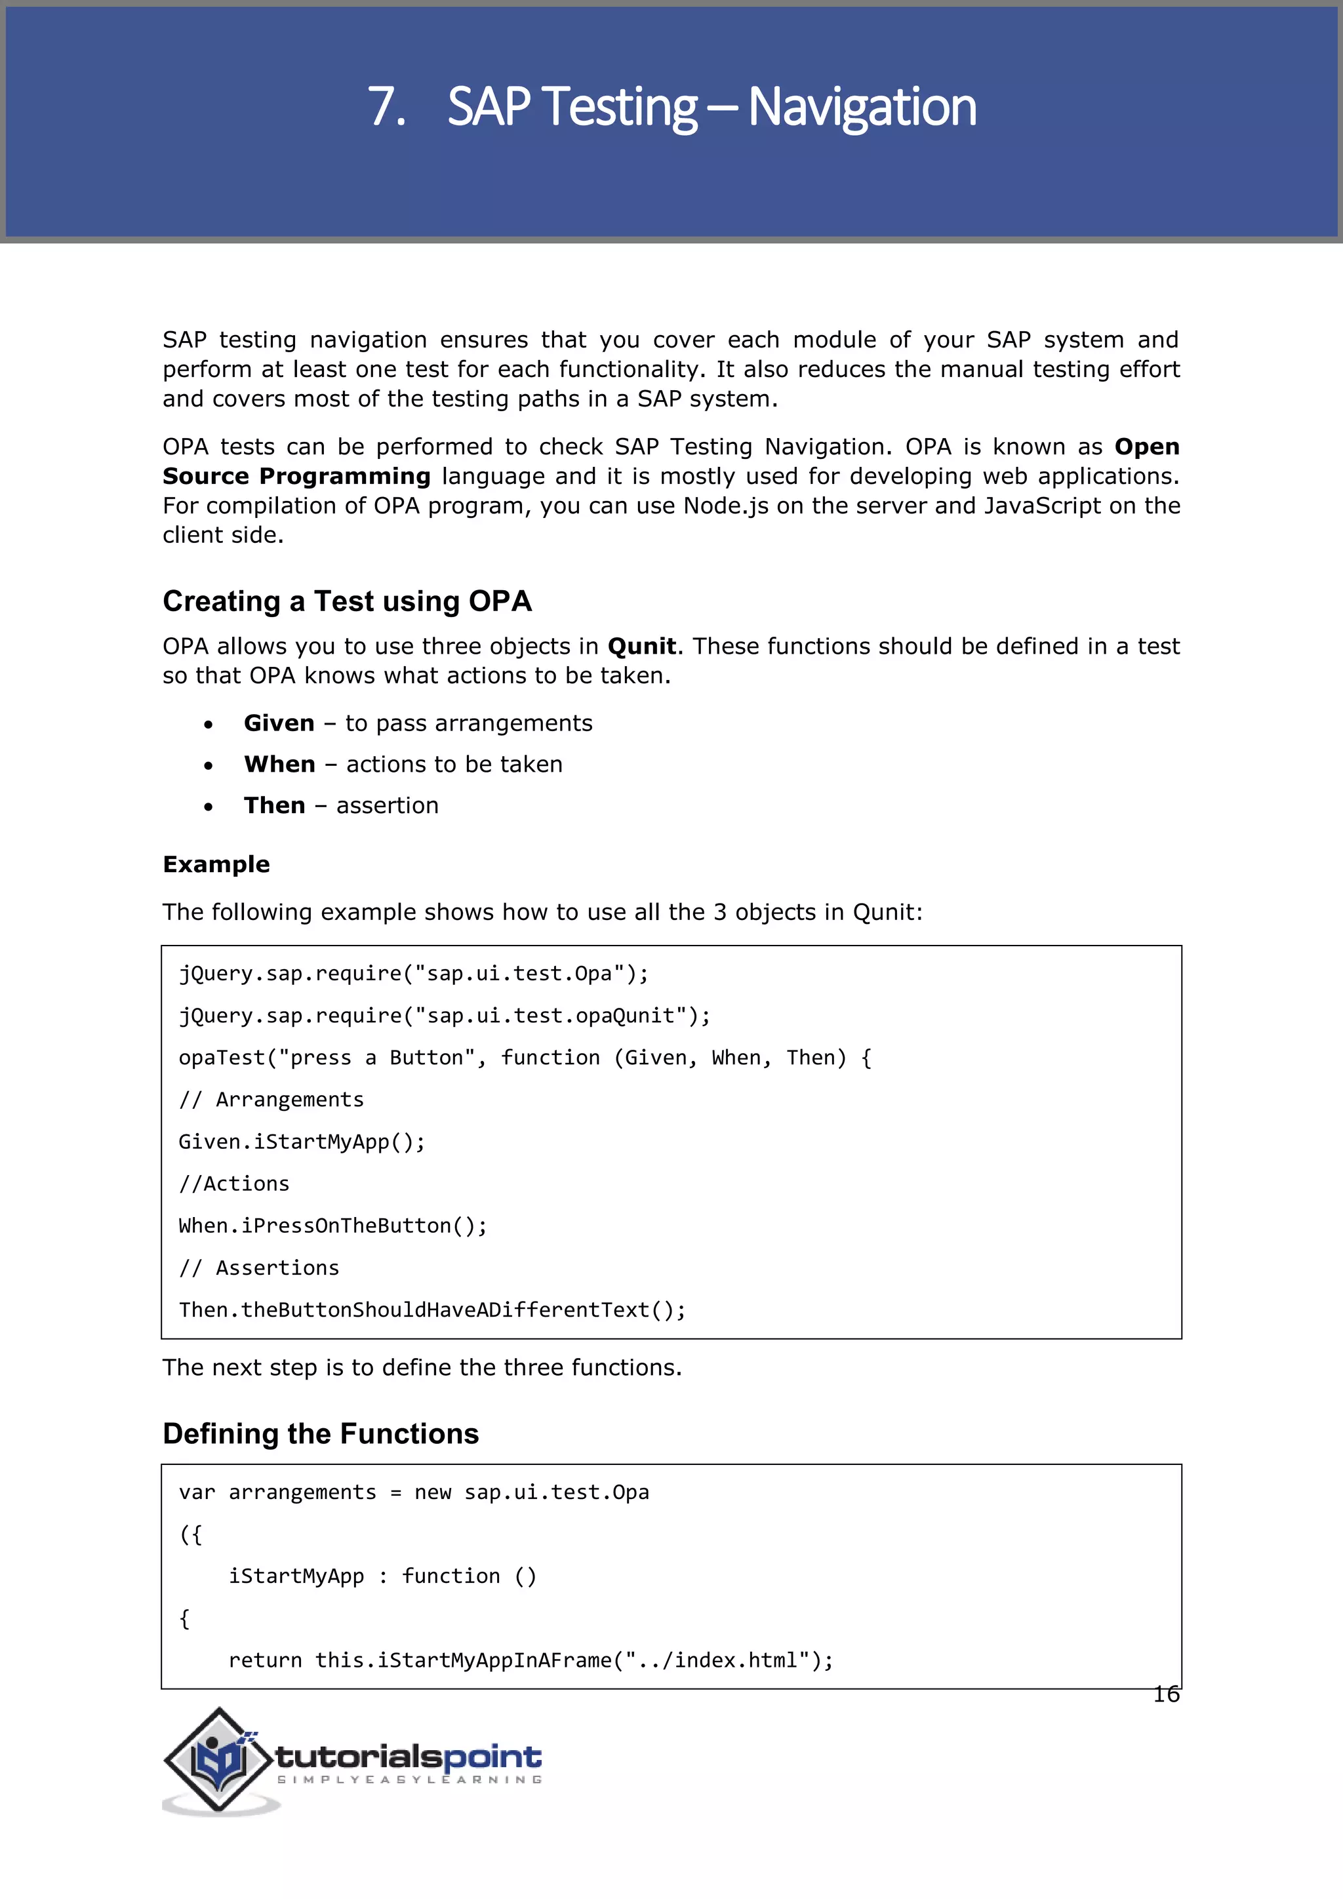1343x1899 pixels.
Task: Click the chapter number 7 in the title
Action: [x=386, y=108]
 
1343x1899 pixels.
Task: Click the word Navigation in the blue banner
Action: [x=862, y=108]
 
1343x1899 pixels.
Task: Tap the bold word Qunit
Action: [x=641, y=646]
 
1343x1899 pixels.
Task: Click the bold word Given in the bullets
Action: [x=279, y=724]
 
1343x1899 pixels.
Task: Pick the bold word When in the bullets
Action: [x=279, y=764]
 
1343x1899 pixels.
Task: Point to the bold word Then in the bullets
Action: [x=275, y=806]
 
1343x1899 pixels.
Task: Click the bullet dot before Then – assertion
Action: [x=209, y=807]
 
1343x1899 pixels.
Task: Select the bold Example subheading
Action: [x=216, y=864]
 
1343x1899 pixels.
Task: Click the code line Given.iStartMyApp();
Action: [x=302, y=1142]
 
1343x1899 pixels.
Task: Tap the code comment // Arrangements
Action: [x=271, y=1100]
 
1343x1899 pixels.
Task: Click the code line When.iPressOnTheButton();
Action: [x=332, y=1226]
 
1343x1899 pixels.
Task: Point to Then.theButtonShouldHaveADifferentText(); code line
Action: [x=431, y=1310]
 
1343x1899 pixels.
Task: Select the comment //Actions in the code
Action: [x=234, y=1184]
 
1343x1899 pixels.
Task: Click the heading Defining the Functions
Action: [x=320, y=1433]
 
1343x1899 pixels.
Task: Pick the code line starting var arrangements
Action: [x=414, y=1493]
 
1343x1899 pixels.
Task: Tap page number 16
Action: [x=1166, y=1694]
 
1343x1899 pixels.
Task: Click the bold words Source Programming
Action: [x=296, y=477]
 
